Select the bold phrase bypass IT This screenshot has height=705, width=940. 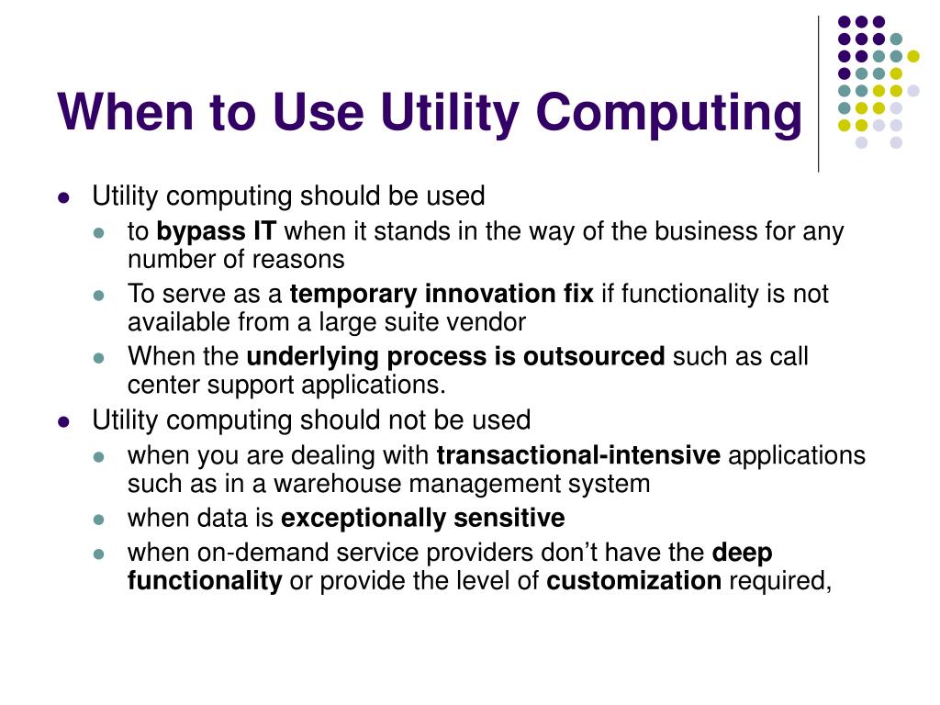(x=217, y=231)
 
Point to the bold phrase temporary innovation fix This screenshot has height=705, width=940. (x=442, y=294)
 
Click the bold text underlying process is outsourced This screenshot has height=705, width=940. (x=455, y=356)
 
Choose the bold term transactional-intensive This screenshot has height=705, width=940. (x=578, y=455)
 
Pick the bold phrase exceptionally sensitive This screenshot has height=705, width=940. (x=422, y=518)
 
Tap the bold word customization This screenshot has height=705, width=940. (x=633, y=580)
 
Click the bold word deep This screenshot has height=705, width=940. (x=743, y=553)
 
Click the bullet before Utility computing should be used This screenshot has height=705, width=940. (x=63, y=197)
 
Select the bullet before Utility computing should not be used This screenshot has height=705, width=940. (x=63, y=421)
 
